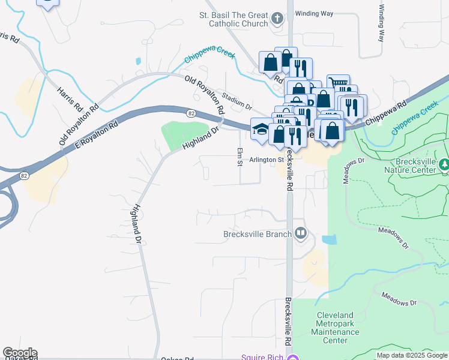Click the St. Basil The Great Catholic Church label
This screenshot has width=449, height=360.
coord(234,19)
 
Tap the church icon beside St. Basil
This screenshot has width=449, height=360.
coord(277,17)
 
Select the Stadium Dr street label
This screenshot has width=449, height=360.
coord(237,101)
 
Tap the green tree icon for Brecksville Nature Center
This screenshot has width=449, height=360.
coord(444,163)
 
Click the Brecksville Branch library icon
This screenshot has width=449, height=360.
coord(300,233)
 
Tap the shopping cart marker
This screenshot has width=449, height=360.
coord(339,84)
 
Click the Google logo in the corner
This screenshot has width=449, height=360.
coord(20,353)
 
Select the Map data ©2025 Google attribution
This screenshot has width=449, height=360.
coord(412,355)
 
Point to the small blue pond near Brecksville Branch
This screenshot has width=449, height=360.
coord(329,240)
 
